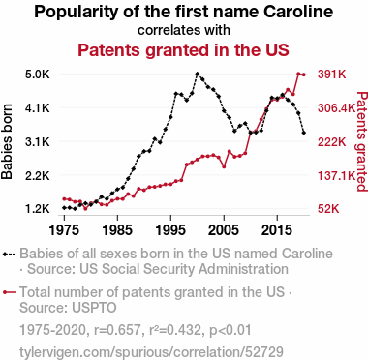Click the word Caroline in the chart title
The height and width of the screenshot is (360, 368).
[298, 12]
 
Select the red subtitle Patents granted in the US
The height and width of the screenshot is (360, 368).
[183, 50]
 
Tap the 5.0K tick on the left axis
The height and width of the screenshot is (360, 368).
[38, 75]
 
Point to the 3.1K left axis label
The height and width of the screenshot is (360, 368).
[38, 142]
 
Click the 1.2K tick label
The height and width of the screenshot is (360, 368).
[38, 209]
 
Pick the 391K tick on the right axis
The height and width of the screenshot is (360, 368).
[332, 75]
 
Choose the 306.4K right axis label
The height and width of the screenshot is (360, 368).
[336, 108]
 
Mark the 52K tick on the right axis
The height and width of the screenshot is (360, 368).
[328, 209]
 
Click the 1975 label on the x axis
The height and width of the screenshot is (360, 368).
[64, 230]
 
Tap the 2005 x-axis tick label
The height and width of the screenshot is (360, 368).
[224, 230]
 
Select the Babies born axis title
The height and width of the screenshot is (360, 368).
[7, 141]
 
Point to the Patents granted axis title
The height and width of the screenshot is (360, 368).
[362, 141]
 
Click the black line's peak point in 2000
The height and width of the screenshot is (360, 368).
[198, 74]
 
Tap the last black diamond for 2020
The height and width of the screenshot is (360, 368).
[304, 133]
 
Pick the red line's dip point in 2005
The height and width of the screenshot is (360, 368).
[224, 166]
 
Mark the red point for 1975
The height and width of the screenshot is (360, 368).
[64, 199]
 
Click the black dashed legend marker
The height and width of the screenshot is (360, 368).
[10, 255]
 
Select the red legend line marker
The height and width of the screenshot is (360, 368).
[10, 292]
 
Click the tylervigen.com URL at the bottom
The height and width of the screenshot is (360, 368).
[151, 352]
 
